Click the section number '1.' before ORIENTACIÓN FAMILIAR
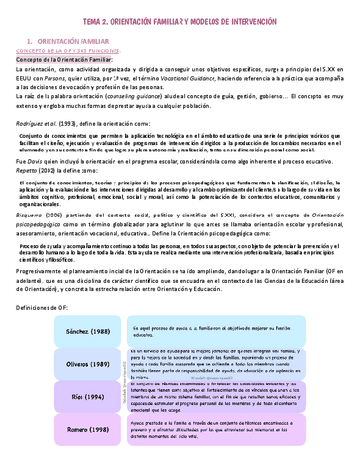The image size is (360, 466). tap(29, 41)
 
